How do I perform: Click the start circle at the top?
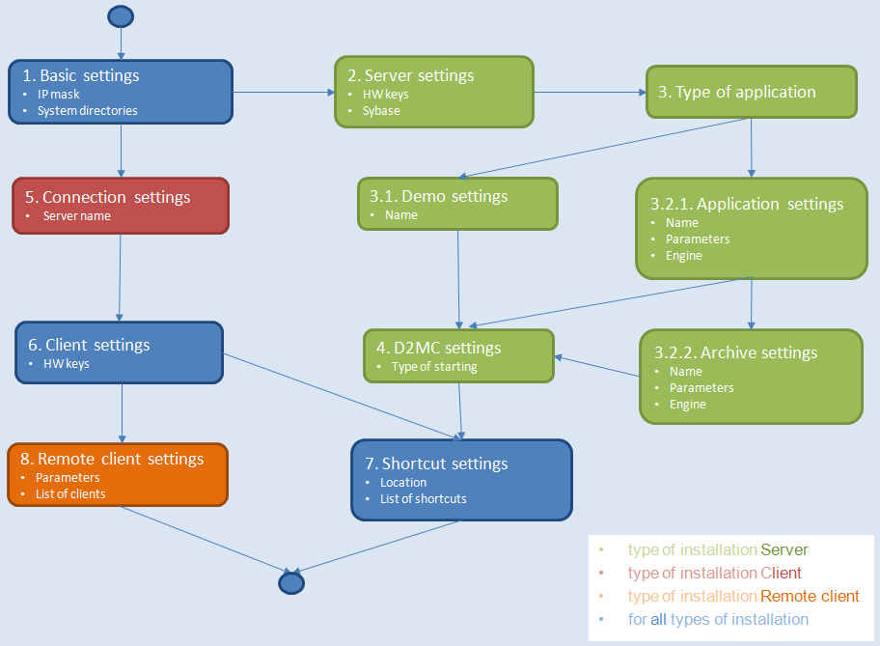coord(121,16)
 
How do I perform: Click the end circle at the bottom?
coord(290,582)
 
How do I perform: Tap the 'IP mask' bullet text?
coord(58,95)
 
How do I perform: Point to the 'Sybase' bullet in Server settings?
coord(381,110)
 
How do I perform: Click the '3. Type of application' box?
coord(751,92)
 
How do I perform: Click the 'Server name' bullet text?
coord(76,216)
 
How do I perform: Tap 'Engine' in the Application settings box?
coord(683,256)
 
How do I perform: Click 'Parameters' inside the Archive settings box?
coord(701,388)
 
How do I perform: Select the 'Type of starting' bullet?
coord(434,367)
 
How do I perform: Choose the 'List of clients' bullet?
coord(70,493)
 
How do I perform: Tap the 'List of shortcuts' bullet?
coord(424,498)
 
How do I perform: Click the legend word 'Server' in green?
coord(784,549)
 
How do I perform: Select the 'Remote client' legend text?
coord(810,596)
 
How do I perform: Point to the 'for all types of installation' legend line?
coord(718,619)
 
